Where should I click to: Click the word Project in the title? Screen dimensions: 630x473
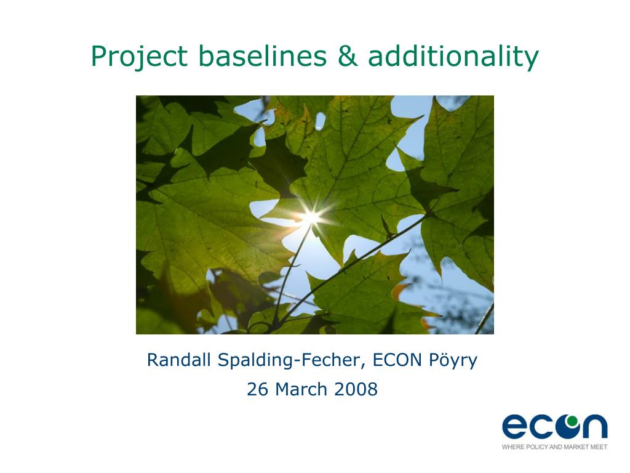pyautogui.click(x=139, y=56)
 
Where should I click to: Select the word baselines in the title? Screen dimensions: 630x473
pyautogui.click(x=262, y=55)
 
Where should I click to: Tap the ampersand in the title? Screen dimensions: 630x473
pyautogui.click(x=348, y=55)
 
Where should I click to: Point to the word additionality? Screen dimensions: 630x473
pyautogui.click(x=453, y=56)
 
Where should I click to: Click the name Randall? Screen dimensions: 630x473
pyautogui.click(x=179, y=360)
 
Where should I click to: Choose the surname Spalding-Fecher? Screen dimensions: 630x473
pyautogui.click(x=290, y=360)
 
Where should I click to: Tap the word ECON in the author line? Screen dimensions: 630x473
pyautogui.click(x=397, y=360)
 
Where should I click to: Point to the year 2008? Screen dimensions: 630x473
pyautogui.click(x=356, y=389)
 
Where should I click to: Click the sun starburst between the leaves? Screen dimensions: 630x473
pyautogui.click(x=311, y=217)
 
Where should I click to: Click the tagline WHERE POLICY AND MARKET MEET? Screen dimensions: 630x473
pyautogui.click(x=554, y=447)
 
